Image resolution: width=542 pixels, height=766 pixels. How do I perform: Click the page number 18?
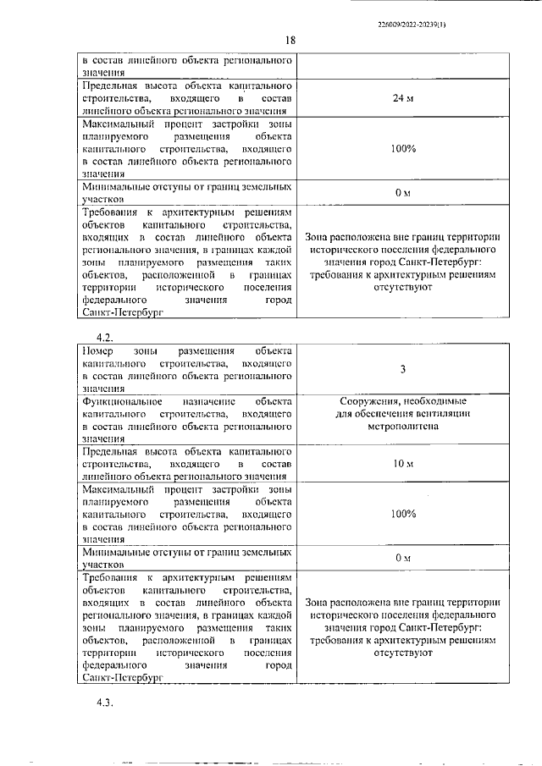290,40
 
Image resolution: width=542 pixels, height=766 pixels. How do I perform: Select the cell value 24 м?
402,99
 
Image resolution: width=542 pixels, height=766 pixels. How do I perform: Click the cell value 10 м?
402,464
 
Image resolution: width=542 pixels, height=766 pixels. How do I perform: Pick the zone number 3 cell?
402,369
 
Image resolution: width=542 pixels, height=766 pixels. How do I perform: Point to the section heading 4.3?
105,702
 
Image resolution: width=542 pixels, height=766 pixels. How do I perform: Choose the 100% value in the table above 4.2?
403,149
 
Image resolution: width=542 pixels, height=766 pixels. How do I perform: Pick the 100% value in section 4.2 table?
403,514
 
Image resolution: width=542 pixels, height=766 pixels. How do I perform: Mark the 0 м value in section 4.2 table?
402,558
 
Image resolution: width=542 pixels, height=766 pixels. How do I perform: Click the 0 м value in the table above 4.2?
402,193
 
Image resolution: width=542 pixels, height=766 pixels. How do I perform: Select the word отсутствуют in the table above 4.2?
402,288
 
